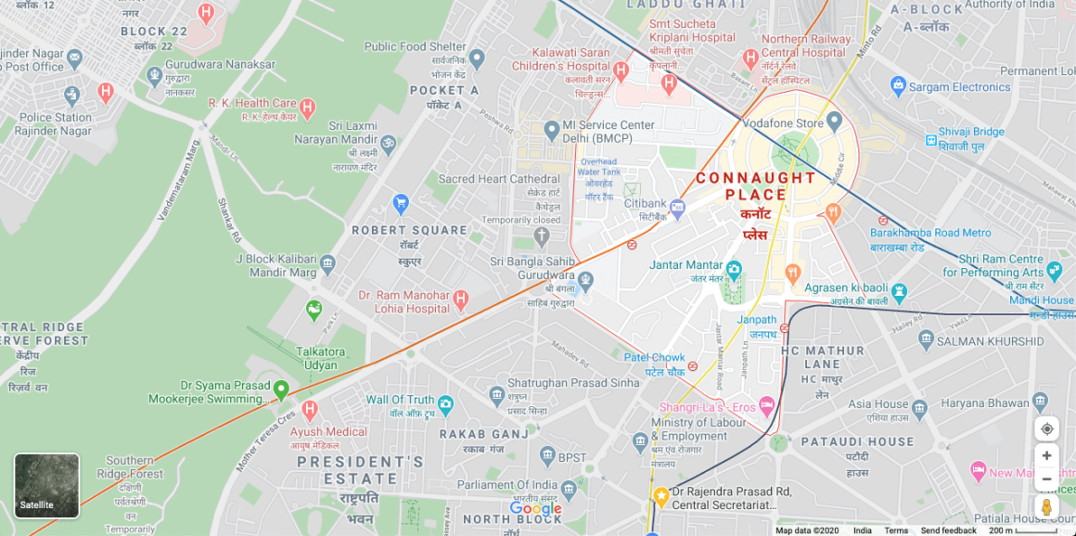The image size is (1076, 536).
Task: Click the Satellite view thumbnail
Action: click(46, 485)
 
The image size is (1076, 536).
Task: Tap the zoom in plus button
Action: click(1046, 455)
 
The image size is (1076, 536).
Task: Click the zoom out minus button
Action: click(1046, 479)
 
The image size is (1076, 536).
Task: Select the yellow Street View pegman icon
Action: click(1046, 507)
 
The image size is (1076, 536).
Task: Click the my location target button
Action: click(1046, 428)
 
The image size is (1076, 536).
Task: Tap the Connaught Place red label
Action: click(756, 186)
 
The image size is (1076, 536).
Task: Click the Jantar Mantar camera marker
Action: click(734, 270)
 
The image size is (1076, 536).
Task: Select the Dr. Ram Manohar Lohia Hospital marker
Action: click(460, 300)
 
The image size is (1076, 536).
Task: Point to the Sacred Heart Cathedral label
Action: click(499, 179)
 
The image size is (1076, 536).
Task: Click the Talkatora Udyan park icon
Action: click(314, 309)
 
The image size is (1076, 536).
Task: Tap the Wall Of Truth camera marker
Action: click(445, 403)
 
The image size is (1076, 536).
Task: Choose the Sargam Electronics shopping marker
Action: click(898, 87)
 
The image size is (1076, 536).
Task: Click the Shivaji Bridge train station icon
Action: click(930, 140)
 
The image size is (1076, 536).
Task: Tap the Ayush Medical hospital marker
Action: click(310, 409)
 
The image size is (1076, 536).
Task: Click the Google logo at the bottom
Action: click(535, 508)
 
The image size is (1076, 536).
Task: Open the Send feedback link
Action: click(948, 530)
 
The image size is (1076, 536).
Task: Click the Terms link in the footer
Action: click(896, 530)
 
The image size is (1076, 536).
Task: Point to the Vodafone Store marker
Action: click(834, 122)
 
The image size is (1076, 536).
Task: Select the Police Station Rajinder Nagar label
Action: click(56, 124)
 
